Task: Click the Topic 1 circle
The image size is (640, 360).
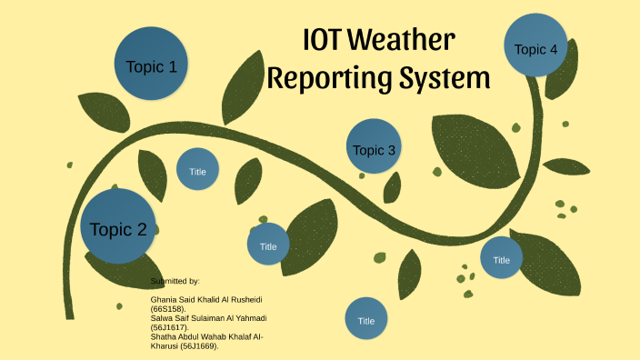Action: click(152, 65)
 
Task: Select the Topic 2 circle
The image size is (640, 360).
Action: click(118, 228)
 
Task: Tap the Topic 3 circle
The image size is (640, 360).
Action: click(374, 149)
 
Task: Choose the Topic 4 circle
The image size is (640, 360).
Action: click(535, 48)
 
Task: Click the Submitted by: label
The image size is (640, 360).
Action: click(175, 282)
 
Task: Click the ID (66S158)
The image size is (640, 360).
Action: click(168, 309)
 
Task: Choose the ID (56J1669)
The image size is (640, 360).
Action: click(203, 346)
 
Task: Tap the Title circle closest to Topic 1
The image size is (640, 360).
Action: click(197, 170)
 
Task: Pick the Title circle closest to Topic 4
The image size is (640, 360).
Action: click(501, 259)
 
